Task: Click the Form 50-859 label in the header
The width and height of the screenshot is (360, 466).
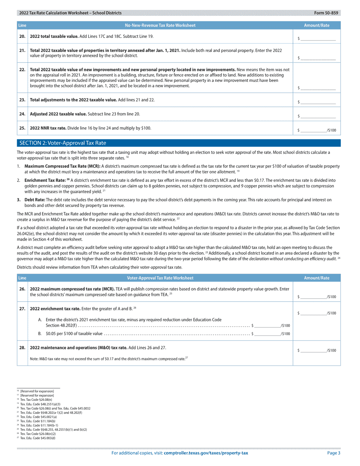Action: pyautogui.click(x=326, y=13)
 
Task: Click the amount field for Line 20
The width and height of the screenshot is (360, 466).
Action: pyautogui.click(x=318, y=38)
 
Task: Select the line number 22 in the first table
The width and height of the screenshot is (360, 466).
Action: pyautogui.click(x=22, y=70)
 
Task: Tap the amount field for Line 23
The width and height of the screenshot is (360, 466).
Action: pyautogui.click(x=318, y=102)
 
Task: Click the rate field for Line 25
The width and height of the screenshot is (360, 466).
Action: pyautogui.click(x=313, y=130)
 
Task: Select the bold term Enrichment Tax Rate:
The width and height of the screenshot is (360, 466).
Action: pyautogui.click(x=45, y=180)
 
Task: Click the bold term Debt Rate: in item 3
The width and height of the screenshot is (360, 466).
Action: pyautogui.click(x=35, y=200)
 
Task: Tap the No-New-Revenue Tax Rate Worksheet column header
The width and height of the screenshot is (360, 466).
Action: pyautogui.click(x=160, y=25)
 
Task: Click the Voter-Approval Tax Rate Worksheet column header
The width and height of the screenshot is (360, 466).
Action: pyautogui.click(x=160, y=278)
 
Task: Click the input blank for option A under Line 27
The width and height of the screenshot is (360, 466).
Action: pyautogui.click(x=268, y=325)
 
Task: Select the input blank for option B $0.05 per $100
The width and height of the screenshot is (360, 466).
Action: pyautogui.click(x=268, y=334)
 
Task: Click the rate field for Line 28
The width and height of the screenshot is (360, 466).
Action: pyautogui.click(x=313, y=350)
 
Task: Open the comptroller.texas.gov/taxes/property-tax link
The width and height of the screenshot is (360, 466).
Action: pyautogui.click(x=206, y=453)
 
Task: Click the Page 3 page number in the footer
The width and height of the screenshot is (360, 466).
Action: pyautogui.click(x=334, y=453)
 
